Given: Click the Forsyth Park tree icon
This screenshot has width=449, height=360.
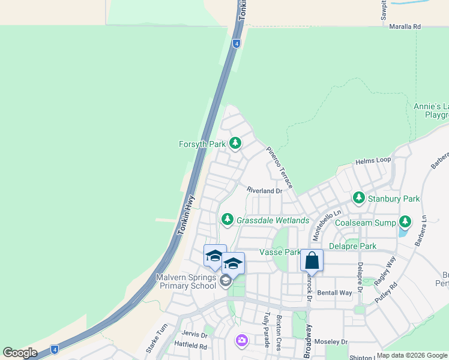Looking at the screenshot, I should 236,143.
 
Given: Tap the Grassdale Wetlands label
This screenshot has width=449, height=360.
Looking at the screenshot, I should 273,220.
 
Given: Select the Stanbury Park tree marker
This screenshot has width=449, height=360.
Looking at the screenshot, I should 359,197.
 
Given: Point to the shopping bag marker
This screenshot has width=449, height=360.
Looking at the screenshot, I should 312,261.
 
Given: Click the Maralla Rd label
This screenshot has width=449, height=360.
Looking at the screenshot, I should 405,27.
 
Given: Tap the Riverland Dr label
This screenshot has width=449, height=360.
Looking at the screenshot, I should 264,191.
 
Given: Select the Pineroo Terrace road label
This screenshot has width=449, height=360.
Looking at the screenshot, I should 279,167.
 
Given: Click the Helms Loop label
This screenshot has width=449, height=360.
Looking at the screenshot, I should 373,161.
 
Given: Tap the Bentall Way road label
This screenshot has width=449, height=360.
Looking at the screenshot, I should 334,293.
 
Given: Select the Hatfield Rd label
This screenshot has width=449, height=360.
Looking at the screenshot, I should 190,346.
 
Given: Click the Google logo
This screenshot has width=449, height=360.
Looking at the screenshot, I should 20,352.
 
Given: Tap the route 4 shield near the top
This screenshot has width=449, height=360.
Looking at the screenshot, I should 237,43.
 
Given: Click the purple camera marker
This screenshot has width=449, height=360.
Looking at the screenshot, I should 241,340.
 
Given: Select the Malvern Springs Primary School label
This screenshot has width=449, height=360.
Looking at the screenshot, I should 185,281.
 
